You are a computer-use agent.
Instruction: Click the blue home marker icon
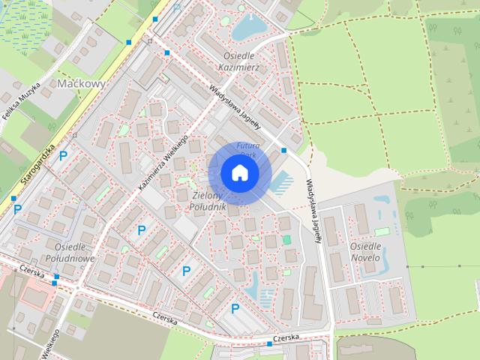click(x=239, y=172)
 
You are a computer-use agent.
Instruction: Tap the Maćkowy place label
click(x=80, y=85)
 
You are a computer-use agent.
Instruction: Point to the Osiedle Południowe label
click(x=74, y=253)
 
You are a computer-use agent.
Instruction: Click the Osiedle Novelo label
click(x=365, y=252)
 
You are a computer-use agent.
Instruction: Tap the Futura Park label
click(x=247, y=148)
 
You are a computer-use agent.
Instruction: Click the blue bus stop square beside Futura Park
click(x=284, y=151)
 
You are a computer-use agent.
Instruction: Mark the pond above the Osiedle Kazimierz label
click(x=247, y=28)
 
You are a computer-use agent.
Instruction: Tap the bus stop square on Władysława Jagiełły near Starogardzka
click(x=166, y=52)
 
